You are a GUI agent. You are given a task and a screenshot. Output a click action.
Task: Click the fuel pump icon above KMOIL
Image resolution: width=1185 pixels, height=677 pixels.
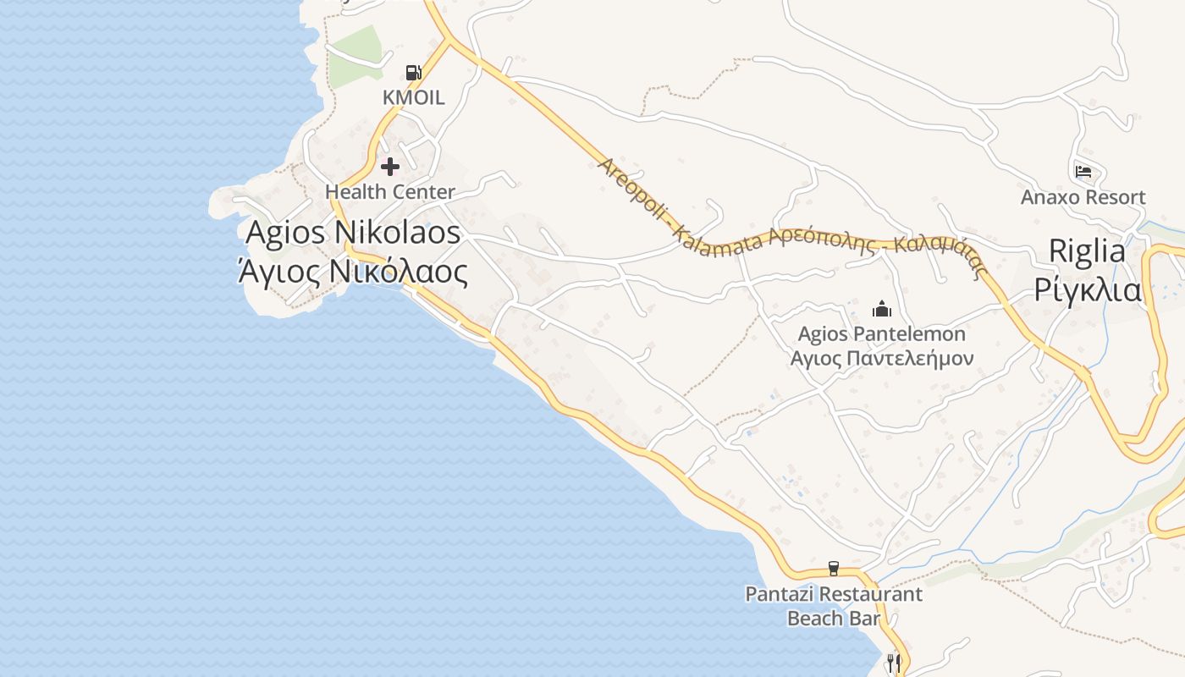tap(413, 73)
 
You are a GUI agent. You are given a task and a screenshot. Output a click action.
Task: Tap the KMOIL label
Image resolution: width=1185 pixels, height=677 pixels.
tap(413, 97)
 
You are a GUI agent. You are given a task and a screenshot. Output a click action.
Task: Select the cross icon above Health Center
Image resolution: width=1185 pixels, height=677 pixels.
tap(389, 166)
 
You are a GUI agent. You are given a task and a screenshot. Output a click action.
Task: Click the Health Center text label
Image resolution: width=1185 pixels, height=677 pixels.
tap(390, 192)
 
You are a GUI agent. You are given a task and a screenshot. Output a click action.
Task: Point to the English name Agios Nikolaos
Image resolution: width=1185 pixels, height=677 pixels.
tap(353, 232)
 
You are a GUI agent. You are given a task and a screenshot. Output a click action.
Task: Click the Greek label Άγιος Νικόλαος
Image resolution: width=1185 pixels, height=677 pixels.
tap(352, 272)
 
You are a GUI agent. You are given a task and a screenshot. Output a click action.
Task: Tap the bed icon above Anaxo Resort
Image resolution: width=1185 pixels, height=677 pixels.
tap(1083, 172)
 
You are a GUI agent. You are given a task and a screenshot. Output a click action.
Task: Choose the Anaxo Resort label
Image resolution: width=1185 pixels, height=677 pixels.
tap(1083, 198)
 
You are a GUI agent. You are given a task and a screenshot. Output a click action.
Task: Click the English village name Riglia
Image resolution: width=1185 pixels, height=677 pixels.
tap(1087, 250)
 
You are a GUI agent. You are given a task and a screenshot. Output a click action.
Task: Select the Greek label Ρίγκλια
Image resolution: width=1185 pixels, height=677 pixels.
tap(1087, 289)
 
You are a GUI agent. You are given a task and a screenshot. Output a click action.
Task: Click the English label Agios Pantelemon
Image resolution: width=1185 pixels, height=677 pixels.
tap(882, 334)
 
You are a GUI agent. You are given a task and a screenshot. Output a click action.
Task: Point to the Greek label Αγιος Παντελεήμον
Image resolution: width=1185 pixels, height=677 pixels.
tap(882, 358)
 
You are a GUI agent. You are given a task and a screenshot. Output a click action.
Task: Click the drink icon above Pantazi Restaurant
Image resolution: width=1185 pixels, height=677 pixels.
tap(834, 568)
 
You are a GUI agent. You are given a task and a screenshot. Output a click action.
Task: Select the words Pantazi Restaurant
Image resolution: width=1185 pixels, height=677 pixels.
tap(834, 594)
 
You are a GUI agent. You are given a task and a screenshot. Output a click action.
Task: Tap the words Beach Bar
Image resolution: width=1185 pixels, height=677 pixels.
tap(834, 619)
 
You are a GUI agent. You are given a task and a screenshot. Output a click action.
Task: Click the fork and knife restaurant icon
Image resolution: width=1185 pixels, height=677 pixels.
tap(894, 661)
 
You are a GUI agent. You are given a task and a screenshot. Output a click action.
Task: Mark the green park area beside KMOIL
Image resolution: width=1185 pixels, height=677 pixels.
tap(355, 56)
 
